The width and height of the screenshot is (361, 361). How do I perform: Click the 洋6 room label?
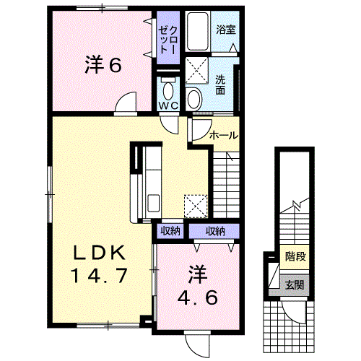point(103,64)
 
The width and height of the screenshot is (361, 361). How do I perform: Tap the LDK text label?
point(99,253)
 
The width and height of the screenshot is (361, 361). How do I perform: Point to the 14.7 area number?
point(99,276)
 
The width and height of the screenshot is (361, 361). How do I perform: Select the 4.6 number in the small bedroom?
point(198,297)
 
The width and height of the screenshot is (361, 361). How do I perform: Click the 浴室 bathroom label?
point(225,30)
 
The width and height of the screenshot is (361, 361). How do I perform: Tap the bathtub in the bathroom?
point(198,31)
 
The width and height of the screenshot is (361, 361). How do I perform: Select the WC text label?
point(168,105)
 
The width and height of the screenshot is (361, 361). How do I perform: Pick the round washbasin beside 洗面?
point(194,99)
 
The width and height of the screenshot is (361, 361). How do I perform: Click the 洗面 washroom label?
point(220,84)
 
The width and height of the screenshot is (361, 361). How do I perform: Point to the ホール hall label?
point(224,136)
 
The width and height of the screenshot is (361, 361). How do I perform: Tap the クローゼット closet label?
point(168,40)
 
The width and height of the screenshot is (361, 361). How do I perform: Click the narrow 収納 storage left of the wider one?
point(170,231)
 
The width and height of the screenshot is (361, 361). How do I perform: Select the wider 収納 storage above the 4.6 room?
point(215,231)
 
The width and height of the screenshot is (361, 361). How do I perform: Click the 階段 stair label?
point(295,256)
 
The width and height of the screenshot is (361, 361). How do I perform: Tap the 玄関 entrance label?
point(295,285)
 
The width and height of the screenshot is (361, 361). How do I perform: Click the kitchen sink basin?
point(153,203)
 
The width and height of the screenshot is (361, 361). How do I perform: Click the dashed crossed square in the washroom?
point(197,71)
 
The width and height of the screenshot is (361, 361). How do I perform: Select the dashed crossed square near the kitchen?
point(196,206)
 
